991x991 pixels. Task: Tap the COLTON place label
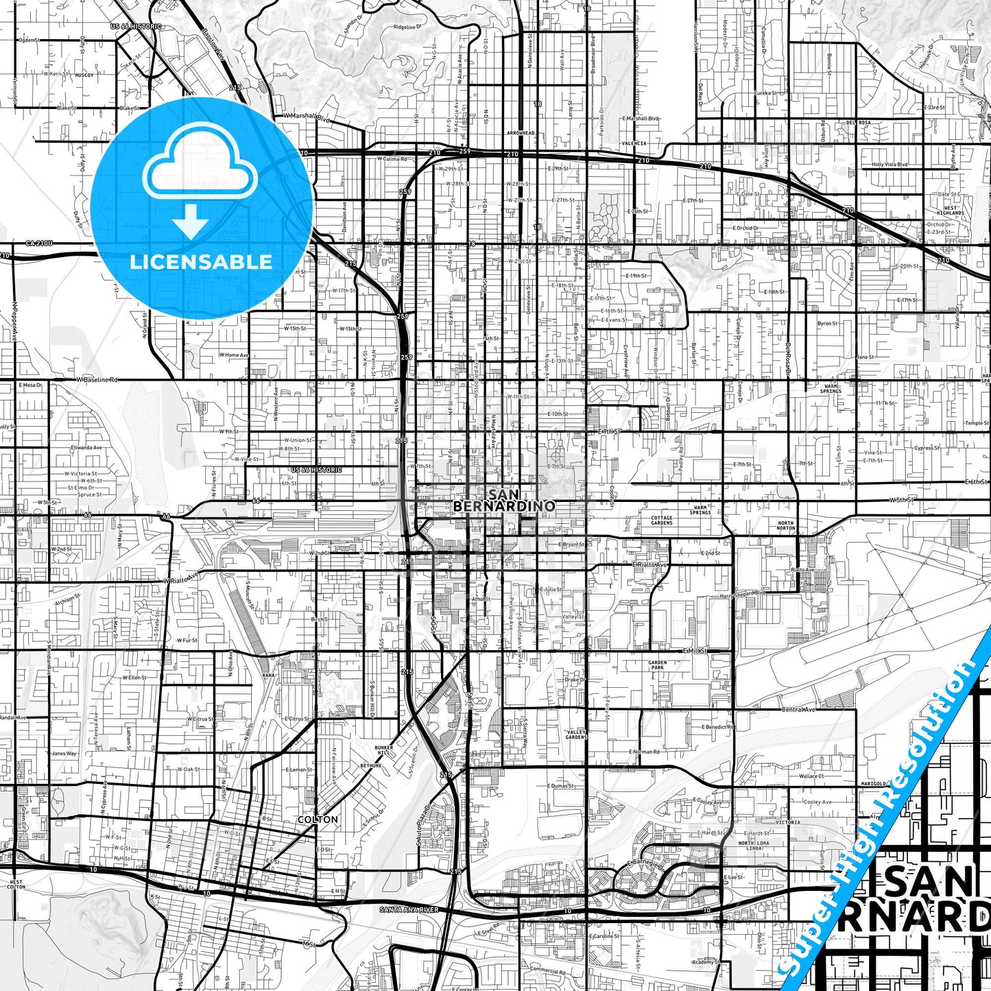click(x=318, y=820)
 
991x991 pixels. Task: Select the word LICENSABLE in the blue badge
click(x=201, y=261)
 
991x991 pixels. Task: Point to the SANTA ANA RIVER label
click(x=409, y=909)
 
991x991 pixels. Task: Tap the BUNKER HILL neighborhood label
click(x=383, y=750)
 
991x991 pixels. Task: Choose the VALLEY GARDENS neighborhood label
click(x=576, y=735)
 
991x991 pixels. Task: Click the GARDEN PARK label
click(x=657, y=665)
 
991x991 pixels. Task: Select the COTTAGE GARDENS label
click(x=662, y=520)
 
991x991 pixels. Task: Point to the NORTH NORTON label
click(x=786, y=525)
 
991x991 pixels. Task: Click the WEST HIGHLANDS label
click(x=951, y=211)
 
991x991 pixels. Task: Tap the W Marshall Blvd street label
click(x=307, y=117)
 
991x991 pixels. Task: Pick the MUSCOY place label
click(x=84, y=74)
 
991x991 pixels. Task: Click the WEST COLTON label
click(x=16, y=884)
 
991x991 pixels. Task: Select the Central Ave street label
click(x=798, y=709)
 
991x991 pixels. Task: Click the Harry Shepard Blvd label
click(x=741, y=593)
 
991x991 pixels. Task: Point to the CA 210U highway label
click(x=39, y=243)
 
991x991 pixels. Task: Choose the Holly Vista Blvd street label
click(x=889, y=165)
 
